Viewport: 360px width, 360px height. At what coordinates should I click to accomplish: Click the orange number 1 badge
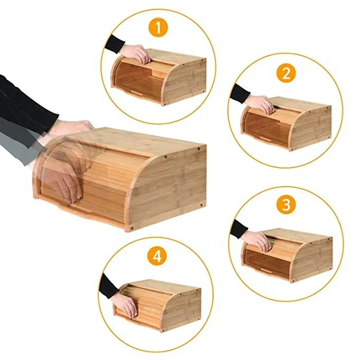tap(158, 28)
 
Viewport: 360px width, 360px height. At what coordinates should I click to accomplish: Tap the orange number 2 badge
tap(287, 73)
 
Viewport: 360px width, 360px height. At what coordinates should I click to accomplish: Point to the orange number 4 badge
tap(156, 256)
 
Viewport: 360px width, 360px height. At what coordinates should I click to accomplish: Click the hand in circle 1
tap(136, 53)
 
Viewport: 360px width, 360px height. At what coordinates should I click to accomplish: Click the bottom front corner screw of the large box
tap(132, 228)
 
